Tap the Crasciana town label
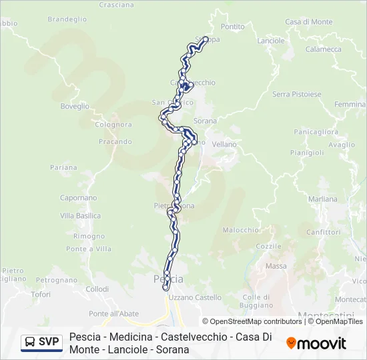point(116,5)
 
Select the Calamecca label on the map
point(324,49)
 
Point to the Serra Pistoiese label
point(296,94)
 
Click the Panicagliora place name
point(316,132)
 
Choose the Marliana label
point(323,199)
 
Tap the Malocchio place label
point(240,230)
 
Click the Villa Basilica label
point(81,216)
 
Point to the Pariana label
point(63,167)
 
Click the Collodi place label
point(97,289)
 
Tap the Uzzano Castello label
point(195,297)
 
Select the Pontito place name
point(233,27)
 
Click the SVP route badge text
point(49,342)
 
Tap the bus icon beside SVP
point(30,342)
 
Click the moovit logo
point(316,343)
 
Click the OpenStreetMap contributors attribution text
point(252,321)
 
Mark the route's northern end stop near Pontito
point(206,38)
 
